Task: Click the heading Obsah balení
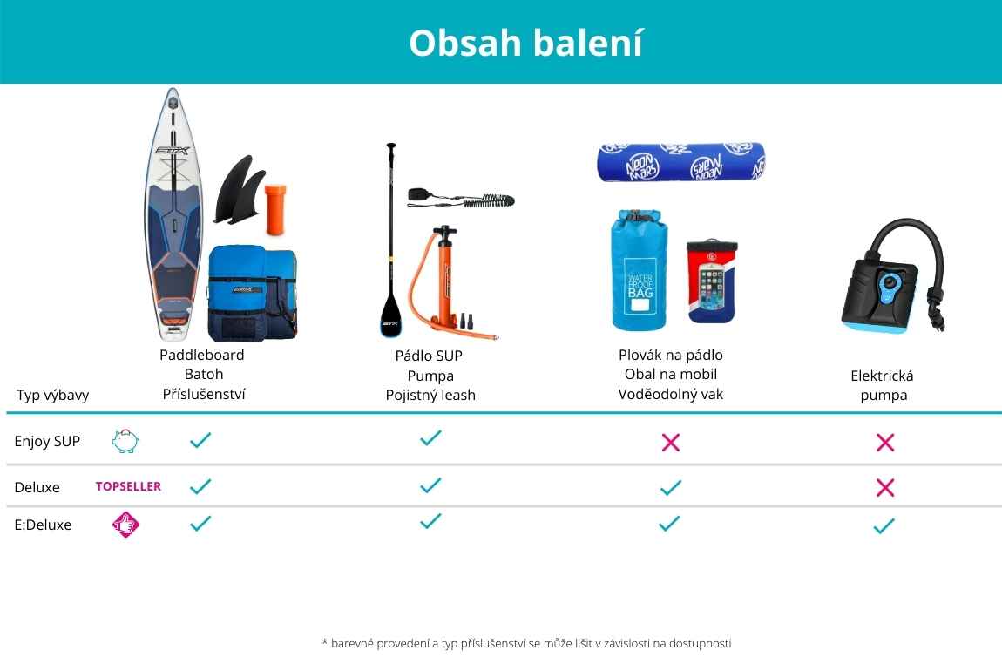(526, 43)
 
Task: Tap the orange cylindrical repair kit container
(275, 209)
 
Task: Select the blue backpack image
(253, 293)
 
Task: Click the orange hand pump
(447, 281)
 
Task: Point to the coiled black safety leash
(461, 199)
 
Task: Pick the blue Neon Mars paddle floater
(680, 162)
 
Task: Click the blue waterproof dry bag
(640, 269)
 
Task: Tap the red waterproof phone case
(711, 281)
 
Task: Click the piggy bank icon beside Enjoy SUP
(125, 441)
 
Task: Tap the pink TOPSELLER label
(128, 486)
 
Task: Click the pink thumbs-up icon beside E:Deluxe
(125, 525)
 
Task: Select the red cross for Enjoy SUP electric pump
(885, 442)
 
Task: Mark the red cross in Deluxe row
(885, 488)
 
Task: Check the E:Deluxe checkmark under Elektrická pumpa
(884, 526)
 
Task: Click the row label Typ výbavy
(52, 396)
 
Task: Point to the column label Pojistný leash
(430, 396)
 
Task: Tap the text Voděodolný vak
(670, 394)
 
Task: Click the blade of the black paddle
(390, 315)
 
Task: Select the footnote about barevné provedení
(526, 643)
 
